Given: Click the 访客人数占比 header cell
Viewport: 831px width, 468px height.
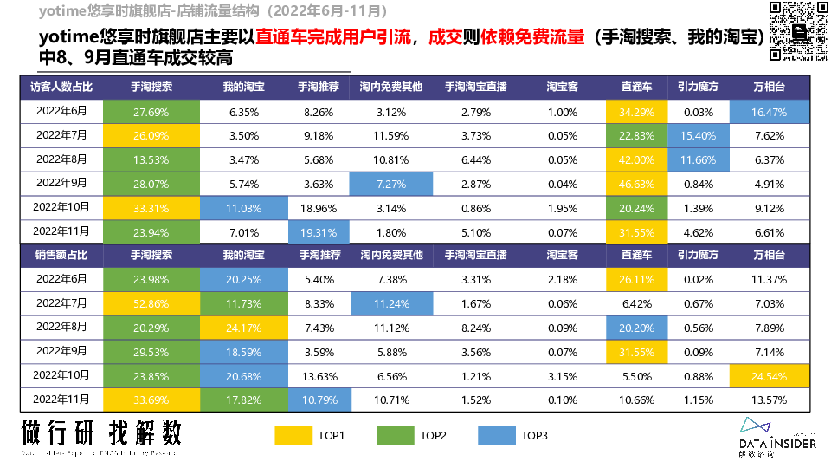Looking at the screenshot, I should coord(61,88).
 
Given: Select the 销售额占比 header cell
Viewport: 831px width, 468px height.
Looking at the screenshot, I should coord(61,255).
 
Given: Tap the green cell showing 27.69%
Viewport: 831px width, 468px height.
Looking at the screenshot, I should coord(151,112).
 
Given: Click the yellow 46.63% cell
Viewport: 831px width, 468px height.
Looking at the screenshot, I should coord(636,184).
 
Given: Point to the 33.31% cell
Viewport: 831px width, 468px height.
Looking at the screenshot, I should coord(151,208).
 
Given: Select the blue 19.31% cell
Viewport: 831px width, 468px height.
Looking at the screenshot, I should coord(319,232).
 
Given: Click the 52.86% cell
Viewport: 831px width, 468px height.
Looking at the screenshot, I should coord(151,303).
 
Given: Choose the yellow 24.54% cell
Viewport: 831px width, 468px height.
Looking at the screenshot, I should coord(769,376).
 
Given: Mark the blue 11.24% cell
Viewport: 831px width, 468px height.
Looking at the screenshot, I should coord(391,303).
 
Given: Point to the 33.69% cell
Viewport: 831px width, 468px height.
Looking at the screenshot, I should coord(151,400).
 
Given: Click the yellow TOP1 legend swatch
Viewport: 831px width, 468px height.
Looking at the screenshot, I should coord(293,435).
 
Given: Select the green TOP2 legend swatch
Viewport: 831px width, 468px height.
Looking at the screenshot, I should coord(396,435).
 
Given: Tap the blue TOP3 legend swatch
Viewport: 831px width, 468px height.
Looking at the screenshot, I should coord(498,435).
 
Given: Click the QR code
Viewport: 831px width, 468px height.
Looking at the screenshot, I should coord(799,31).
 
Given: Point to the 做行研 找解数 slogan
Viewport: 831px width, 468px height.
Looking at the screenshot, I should coord(102,433).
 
